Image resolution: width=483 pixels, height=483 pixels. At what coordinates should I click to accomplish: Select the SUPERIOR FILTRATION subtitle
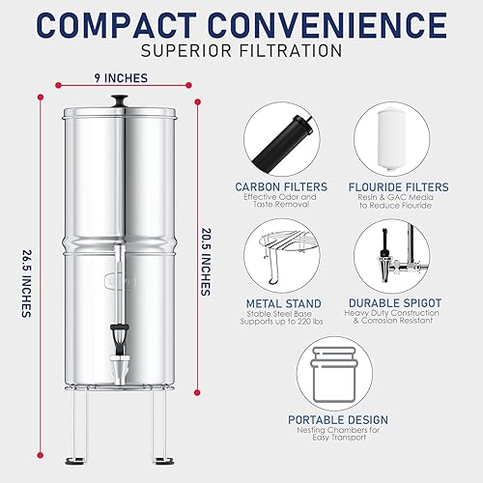tap(241, 50)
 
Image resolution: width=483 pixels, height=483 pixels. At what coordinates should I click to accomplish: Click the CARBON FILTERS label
tap(281, 185)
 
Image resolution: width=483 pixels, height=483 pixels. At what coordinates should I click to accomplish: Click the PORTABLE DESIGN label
tap(338, 420)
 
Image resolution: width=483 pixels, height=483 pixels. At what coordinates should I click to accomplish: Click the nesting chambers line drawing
tap(338, 370)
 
